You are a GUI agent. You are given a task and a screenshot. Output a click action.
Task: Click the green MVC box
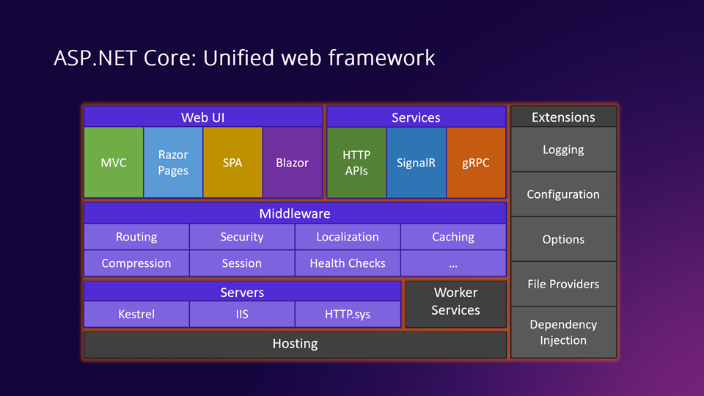pyautogui.click(x=114, y=162)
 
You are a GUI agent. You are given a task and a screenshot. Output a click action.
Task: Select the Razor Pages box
pyautogui.click(x=173, y=162)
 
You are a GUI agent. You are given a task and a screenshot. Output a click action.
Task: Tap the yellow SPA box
pyautogui.click(x=232, y=162)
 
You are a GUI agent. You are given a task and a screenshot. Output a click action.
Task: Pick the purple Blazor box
pyautogui.click(x=292, y=162)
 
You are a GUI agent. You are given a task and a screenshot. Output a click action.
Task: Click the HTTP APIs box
pyautogui.click(x=356, y=162)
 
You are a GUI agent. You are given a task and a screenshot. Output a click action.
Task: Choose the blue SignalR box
pyautogui.click(x=416, y=162)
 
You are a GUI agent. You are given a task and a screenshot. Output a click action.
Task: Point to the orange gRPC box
pyautogui.click(x=475, y=162)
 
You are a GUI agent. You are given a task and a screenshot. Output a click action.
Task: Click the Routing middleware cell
pyautogui.click(x=136, y=237)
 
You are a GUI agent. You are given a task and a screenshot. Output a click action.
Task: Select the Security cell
pyautogui.click(x=242, y=237)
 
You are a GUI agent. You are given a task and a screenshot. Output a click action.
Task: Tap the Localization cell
pyautogui.click(x=348, y=237)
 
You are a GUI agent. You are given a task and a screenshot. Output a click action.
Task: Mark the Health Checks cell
pyautogui.click(x=348, y=263)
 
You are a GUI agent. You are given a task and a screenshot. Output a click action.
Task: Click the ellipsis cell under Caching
pyautogui.click(x=453, y=263)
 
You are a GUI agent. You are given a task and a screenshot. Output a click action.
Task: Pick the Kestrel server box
pyautogui.click(x=136, y=315)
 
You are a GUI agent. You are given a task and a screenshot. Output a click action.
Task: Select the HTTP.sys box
pyautogui.click(x=348, y=315)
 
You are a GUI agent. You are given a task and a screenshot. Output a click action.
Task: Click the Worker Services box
pyautogui.click(x=455, y=302)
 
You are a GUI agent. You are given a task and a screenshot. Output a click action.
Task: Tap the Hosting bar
pyautogui.click(x=295, y=344)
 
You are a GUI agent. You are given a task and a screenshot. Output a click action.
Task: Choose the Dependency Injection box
pyautogui.click(x=563, y=332)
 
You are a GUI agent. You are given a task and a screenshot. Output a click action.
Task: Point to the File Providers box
pyautogui.click(x=563, y=284)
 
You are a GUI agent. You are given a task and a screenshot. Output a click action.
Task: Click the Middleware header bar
pyautogui.click(x=295, y=213)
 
